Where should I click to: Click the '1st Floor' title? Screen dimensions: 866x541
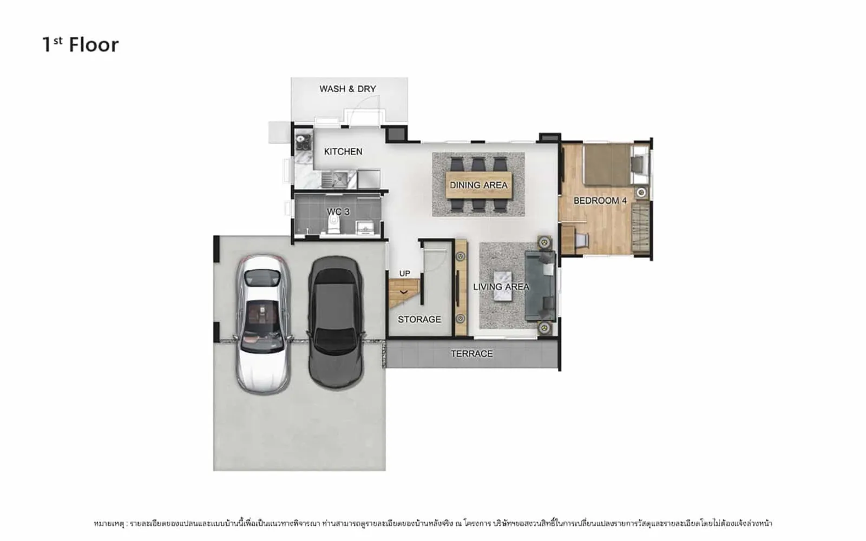click(81, 44)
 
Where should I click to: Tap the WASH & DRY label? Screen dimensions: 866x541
click(347, 89)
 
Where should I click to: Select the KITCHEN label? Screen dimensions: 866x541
click(343, 151)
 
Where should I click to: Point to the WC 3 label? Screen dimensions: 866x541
click(338, 212)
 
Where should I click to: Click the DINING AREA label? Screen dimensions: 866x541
click(478, 185)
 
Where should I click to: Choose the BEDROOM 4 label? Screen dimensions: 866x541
click(600, 201)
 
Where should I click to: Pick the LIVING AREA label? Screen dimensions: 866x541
click(501, 287)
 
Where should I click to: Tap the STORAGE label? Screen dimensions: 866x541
click(419, 319)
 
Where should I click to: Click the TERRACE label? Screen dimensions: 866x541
click(471, 354)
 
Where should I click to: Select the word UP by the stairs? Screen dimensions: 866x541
click(404, 274)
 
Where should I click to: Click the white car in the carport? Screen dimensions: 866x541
click(263, 325)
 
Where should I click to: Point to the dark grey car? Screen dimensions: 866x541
click(336, 322)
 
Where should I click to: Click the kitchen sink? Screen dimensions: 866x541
click(335, 179)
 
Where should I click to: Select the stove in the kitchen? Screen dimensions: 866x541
click(304, 142)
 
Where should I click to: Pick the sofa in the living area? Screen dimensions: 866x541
click(540, 286)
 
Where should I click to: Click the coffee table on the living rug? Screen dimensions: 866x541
click(503, 286)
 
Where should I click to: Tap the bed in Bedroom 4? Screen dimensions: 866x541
click(616, 164)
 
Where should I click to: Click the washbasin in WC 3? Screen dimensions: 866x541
click(365, 228)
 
